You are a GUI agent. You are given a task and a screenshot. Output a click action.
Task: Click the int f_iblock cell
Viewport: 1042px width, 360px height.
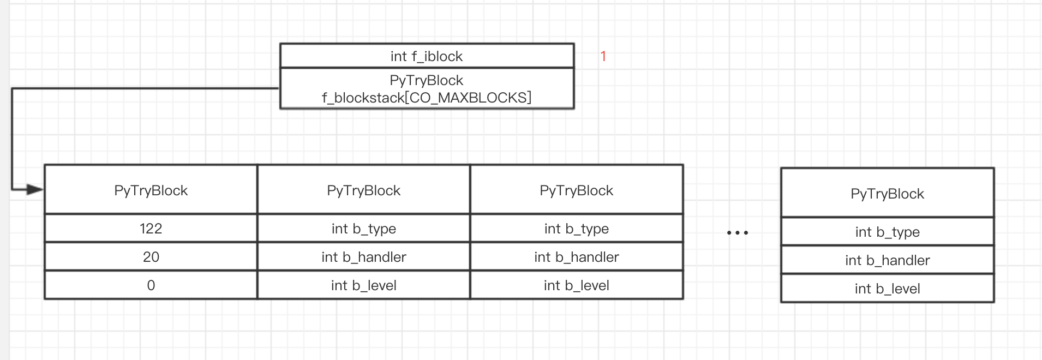[x=427, y=56]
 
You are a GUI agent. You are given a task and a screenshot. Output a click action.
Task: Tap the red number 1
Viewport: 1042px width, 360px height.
[x=603, y=56]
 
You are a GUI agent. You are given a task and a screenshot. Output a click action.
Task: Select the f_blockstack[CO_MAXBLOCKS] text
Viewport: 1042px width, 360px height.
[x=427, y=98]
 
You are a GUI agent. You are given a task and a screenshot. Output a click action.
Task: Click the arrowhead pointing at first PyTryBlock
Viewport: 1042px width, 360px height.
[x=35, y=190]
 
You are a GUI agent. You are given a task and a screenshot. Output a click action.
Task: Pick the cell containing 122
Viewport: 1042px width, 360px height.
[x=151, y=229]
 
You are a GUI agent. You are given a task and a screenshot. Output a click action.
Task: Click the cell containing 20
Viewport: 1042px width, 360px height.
[x=151, y=257]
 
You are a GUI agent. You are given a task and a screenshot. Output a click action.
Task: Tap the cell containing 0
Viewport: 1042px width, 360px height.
[x=151, y=285]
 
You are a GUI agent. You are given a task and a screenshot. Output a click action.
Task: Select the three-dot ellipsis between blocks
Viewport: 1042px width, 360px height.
[x=738, y=233]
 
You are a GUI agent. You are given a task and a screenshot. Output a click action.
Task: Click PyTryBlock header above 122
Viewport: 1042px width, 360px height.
[x=151, y=190]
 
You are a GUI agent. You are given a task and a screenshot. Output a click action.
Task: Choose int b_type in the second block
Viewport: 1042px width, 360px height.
[x=364, y=229]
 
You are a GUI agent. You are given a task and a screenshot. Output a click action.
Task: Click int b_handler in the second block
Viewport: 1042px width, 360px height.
[x=364, y=257]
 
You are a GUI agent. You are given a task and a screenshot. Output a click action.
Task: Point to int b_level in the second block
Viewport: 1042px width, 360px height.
[x=364, y=285]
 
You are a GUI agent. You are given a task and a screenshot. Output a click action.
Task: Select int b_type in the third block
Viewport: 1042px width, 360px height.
[x=577, y=229]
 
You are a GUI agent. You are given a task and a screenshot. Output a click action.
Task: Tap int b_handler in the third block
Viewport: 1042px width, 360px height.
[x=577, y=257]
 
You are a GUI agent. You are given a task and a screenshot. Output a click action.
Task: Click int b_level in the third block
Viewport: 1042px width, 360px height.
[x=577, y=285]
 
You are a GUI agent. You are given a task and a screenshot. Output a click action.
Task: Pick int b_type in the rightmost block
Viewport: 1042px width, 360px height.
[x=888, y=232]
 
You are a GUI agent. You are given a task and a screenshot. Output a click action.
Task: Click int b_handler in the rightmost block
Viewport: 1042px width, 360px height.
[x=888, y=260]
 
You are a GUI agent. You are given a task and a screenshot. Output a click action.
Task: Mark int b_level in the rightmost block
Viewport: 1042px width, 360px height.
[x=888, y=289]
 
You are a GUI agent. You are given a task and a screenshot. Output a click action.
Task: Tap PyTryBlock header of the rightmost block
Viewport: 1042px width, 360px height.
[x=888, y=194]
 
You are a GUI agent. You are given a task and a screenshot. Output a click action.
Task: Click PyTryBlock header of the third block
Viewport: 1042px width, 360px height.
[x=577, y=190]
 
